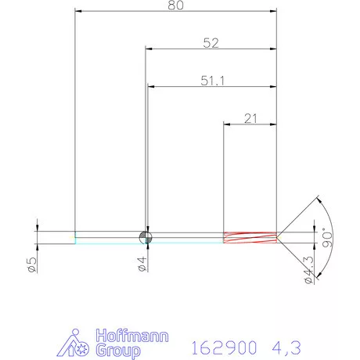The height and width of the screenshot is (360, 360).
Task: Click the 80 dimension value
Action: (177, 5)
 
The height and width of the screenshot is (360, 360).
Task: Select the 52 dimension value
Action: (210, 44)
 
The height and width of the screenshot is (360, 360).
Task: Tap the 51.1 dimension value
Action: (209, 80)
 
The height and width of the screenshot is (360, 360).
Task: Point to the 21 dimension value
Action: (251, 118)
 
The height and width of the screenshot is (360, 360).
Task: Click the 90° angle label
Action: (328, 237)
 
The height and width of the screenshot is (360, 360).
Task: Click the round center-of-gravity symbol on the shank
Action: (144, 237)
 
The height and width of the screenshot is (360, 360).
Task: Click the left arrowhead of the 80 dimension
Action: (78, 12)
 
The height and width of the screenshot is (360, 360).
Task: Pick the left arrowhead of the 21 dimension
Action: (228, 124)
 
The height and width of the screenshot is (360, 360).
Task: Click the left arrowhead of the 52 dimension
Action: (149, 49)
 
